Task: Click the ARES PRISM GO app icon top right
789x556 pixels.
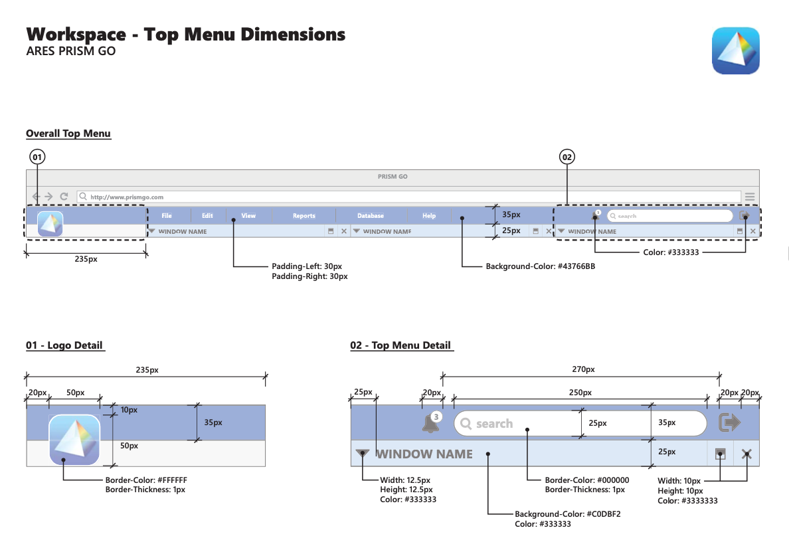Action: tap(735, 50)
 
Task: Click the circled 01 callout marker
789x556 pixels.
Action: tap(37, 157)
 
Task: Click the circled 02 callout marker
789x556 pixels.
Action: tap(567, 157)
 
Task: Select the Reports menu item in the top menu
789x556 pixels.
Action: tap(304, 216)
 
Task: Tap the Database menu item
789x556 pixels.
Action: tap(371, 216)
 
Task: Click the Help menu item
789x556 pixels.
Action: tap(429, 216)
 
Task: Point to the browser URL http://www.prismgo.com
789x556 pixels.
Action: tap(127, 197)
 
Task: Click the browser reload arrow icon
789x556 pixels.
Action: tap(64, 197)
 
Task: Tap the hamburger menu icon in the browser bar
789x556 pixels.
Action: tap(750, 197)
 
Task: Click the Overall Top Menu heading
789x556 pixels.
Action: tap(68, 134)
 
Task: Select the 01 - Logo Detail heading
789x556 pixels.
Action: tap(65, 345)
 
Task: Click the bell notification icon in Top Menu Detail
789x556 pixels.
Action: tap(430, 424)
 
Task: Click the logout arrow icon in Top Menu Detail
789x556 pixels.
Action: tap(730, 423)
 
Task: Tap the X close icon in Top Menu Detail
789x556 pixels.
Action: tap(746, 454)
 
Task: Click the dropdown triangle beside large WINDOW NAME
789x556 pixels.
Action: tap(362, 454)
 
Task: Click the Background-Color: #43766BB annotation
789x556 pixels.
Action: tap(540, 266)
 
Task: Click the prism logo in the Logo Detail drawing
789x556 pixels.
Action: tap(74, 440)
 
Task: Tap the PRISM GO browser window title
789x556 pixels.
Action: tap(393, 177)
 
